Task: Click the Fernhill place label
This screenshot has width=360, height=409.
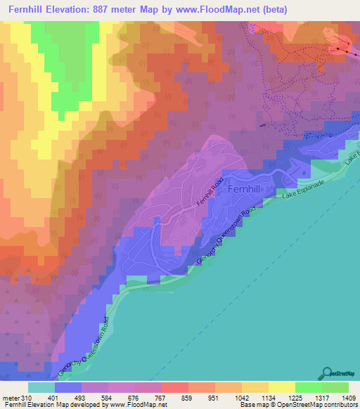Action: (245, 189)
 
